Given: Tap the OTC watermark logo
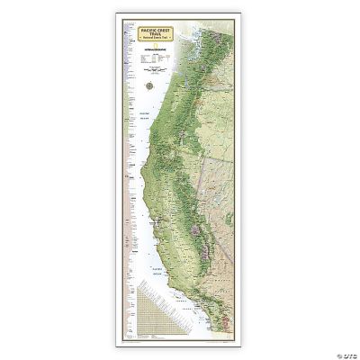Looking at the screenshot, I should click(342, 351).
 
